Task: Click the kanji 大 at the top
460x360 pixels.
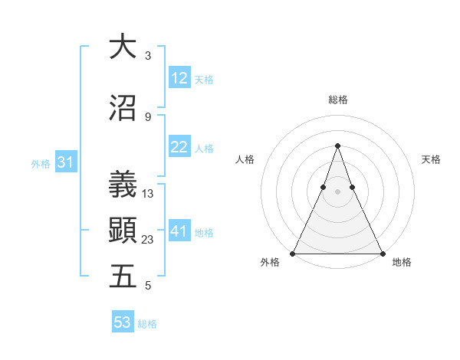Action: tap(122, 47)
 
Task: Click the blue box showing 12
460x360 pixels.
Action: tap(179, 78)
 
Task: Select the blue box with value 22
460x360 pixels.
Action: tap(179, 147)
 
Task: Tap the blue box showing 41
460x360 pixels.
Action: tap(179, 231)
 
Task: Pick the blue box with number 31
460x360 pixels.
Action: tap(65, 162)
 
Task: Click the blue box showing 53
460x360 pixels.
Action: tap(123, 322)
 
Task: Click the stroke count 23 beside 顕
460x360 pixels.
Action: tap(148, 240)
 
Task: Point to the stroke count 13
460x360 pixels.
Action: tap(148, 194)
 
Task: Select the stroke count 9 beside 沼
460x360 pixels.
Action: tap(148, 116)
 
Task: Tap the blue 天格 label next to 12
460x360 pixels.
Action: tap(204, 79)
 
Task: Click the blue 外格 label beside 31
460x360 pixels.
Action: tap(41, 163)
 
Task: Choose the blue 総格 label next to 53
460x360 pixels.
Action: tap(147, 323)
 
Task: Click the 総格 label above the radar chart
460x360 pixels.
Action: tap(337, 100)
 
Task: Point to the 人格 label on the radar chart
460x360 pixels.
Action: tap(245, 159)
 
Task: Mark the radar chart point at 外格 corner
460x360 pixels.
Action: tap(293, 253)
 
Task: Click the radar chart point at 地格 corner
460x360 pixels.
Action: tap(382, 253)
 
